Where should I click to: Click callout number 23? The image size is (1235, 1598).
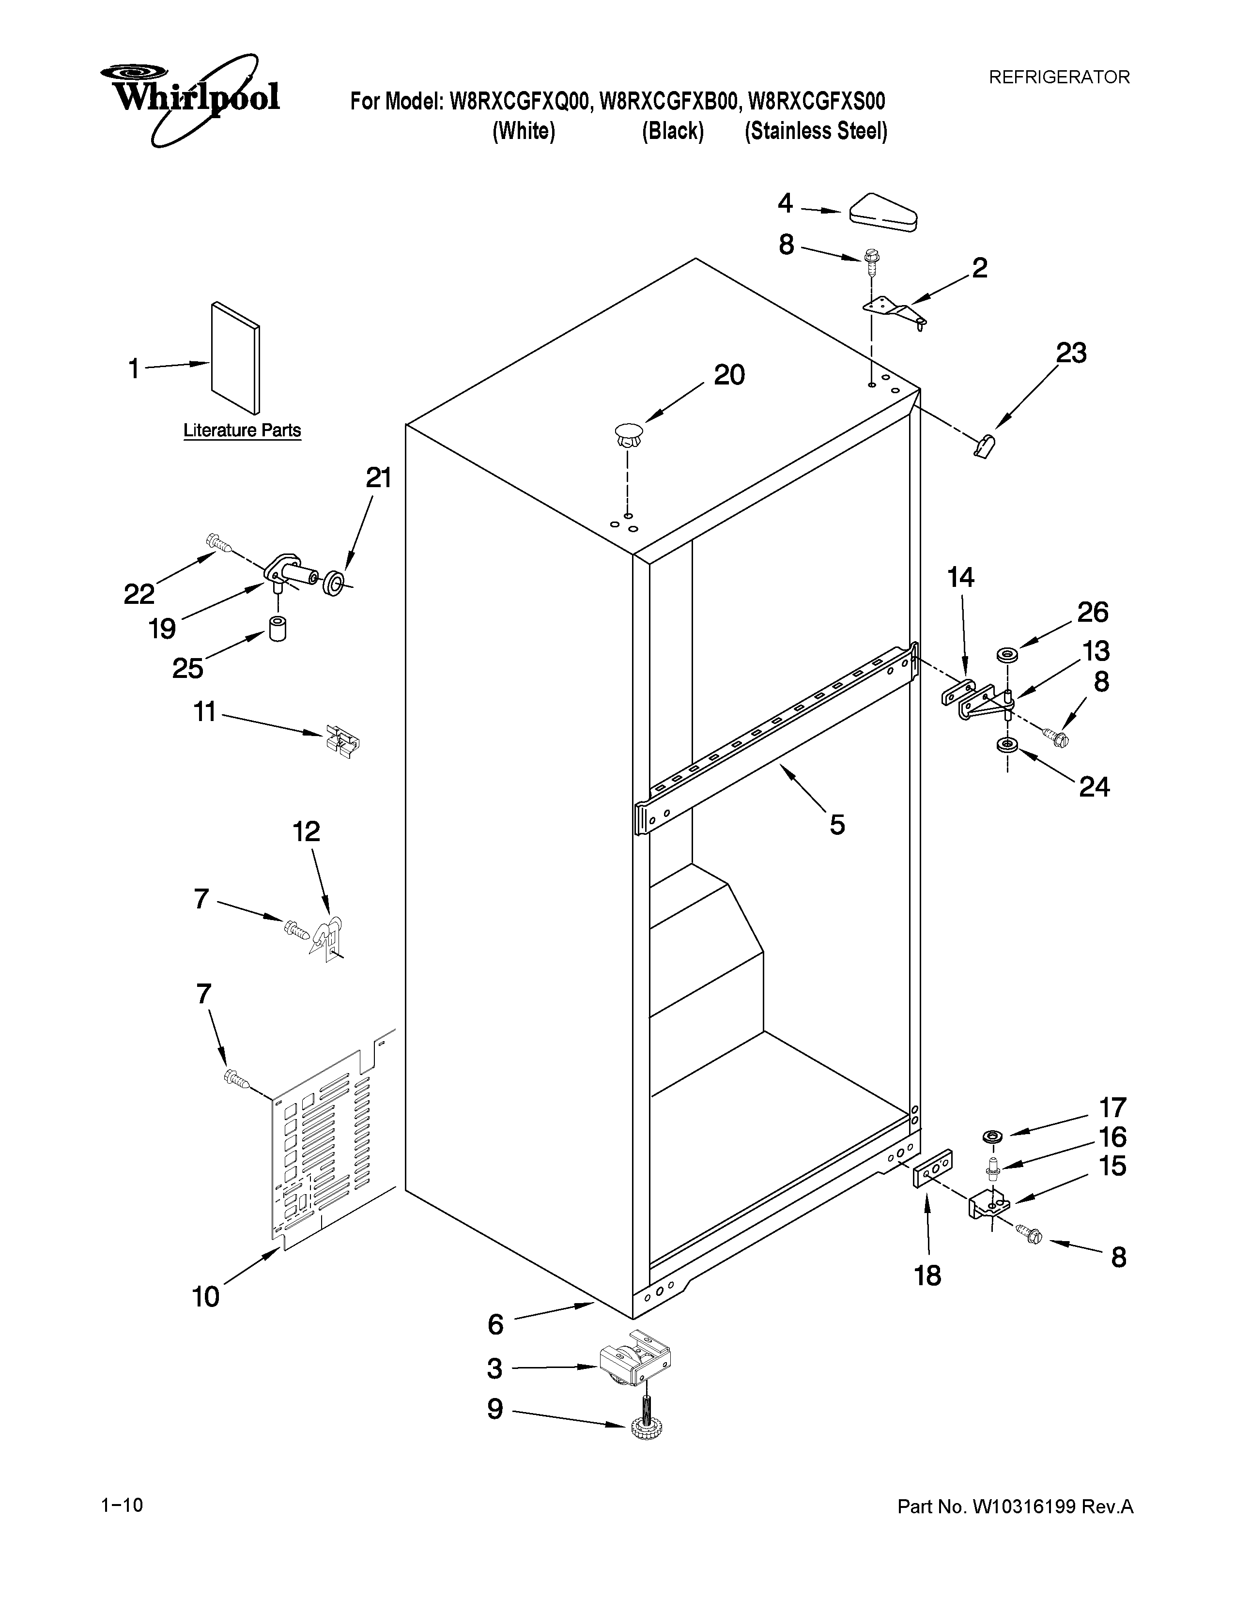1071,353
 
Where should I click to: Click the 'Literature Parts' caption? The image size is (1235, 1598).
242,430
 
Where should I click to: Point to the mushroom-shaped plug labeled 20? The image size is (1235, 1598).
628,437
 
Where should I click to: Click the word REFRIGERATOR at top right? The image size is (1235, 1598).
1059,77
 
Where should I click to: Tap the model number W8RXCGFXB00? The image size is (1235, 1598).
667,101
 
